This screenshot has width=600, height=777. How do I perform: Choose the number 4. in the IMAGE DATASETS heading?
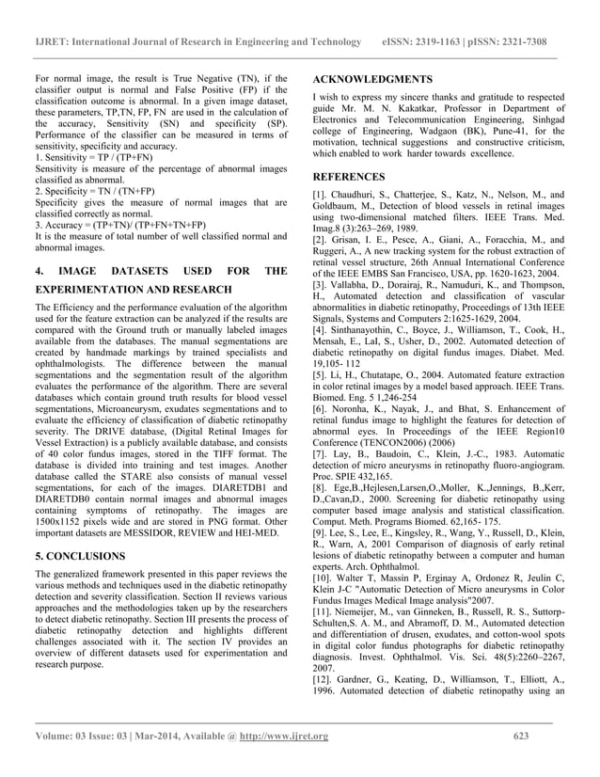[39, 271]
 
